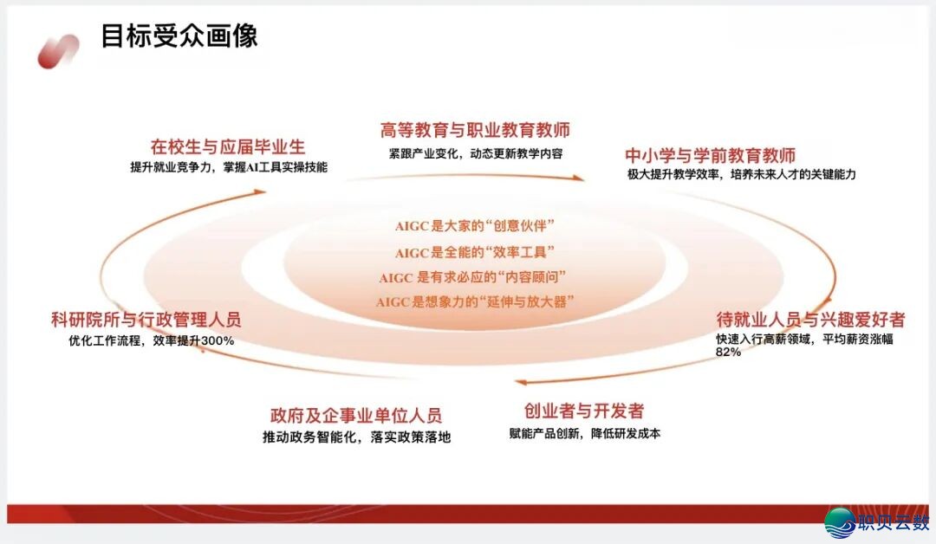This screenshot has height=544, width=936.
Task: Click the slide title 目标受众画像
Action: [179, 36]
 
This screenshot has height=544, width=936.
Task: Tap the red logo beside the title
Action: [58, 51]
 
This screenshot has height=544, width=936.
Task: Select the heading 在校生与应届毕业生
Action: [228, 146]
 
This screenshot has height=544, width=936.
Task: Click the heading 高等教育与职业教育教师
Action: [475, 131]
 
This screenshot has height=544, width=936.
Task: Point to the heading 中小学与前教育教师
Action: [711, 156]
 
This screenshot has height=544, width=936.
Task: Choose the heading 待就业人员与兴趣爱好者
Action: [810, 320]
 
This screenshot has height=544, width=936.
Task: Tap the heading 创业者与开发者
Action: [584, 411]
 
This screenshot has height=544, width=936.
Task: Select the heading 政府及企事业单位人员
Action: [356, 415]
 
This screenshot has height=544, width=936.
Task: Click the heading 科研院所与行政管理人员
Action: [146, 320]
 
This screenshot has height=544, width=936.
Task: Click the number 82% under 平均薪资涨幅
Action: [728, 353]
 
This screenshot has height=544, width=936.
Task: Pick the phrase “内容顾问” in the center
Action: [530, 277]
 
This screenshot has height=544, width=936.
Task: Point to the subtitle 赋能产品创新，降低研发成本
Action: [584, 433]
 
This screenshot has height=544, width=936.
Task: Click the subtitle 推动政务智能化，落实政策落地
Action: [356, 437]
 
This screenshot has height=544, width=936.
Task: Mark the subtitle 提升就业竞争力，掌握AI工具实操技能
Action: [229, 167]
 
